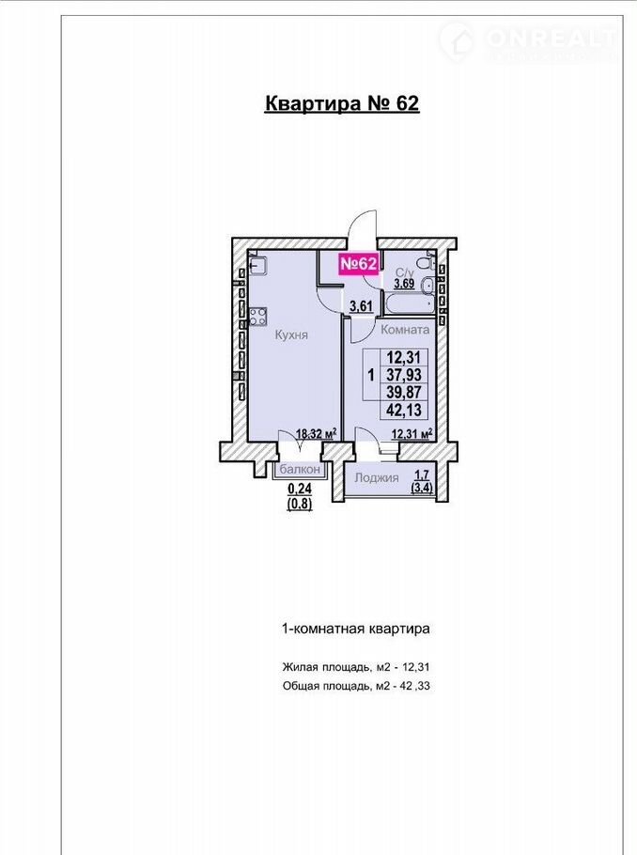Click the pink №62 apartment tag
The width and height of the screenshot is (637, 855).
pos(358,264)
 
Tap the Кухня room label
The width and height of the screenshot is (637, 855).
pos(291,334)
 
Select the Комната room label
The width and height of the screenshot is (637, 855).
pos(405,330)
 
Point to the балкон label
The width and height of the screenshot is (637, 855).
pos(300,469)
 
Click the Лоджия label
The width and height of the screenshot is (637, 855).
pos(377,477)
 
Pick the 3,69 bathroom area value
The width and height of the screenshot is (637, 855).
pos(405,284)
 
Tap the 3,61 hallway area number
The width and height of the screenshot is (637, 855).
pos(361,306)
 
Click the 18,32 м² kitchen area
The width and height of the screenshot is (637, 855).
pos(316,434)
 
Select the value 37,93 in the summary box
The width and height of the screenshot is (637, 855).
pos(404,375)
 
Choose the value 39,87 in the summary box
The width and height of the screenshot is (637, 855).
pos(404,392)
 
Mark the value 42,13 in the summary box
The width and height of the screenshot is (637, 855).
pos(404,410)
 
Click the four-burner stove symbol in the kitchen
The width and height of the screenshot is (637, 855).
pos(258,317)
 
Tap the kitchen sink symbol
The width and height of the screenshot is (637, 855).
pos(258,266)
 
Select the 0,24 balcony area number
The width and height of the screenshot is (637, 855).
pos(300,490)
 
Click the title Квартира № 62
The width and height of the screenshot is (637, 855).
pos(342,103)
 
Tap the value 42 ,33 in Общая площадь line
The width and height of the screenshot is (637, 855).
pos(415,686)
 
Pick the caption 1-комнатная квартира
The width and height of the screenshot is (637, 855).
pos(355,629)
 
